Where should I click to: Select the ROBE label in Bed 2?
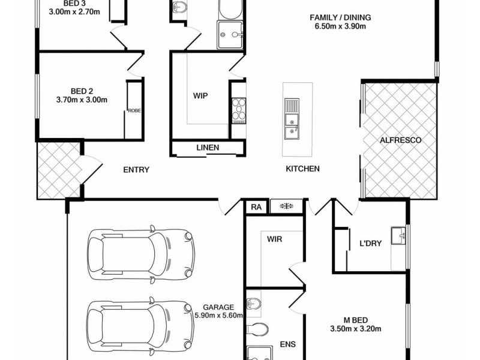(x=133, y=110)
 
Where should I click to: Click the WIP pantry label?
(x=200, y=95)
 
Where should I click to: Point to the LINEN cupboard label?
(x=208, y=148)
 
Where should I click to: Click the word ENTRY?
(x=136, y=169)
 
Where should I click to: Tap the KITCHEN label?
(x=302, y=169)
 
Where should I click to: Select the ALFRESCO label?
(x=401, y=140)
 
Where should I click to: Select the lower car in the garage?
(x=141, y=324)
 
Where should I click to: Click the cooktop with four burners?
(x=238, y=110)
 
